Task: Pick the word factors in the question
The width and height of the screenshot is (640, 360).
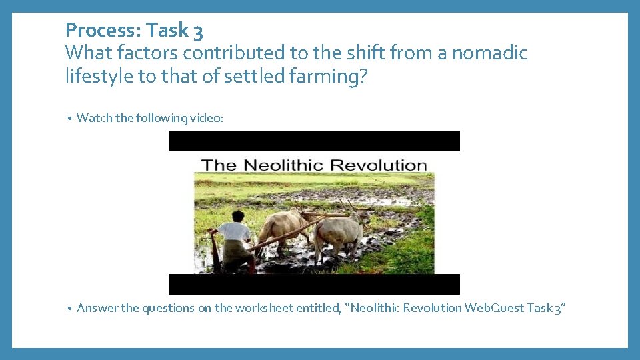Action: click(x=144, y=53)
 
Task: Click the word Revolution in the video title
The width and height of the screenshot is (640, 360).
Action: click(x=377, y=165)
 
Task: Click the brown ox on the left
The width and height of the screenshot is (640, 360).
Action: click(x=280, y=227)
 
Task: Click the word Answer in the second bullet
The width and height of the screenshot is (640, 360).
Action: click(x=97, y=308)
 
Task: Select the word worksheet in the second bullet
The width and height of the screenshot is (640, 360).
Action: click(x=262, y=308)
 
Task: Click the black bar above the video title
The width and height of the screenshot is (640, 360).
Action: click(x=314, y=141)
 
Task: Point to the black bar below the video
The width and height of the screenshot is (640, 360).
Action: click(x=314, y=284)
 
